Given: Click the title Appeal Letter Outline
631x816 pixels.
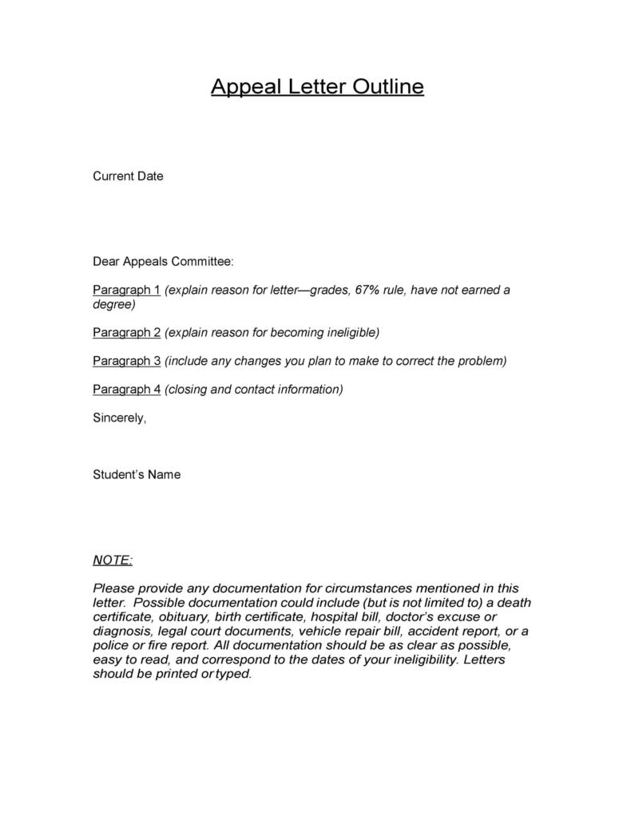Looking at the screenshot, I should click(317, 86).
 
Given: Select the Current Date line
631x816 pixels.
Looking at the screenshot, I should click(128, 176).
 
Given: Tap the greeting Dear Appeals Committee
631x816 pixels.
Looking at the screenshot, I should click(164, 261).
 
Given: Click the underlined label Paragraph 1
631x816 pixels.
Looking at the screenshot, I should click(127, 290).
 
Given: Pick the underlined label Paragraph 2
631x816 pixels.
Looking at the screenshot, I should click(127, 332).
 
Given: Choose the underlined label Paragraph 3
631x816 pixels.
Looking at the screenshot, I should click(127, 361).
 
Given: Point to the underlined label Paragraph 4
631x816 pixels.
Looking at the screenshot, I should click(127, 390).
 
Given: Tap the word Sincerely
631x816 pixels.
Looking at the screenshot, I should click(120, 418).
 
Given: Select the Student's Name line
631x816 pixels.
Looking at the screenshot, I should click(137, 474).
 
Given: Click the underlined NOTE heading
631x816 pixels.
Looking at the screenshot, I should click(113, 561).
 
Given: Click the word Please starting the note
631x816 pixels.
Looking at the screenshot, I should click(113, 588).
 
